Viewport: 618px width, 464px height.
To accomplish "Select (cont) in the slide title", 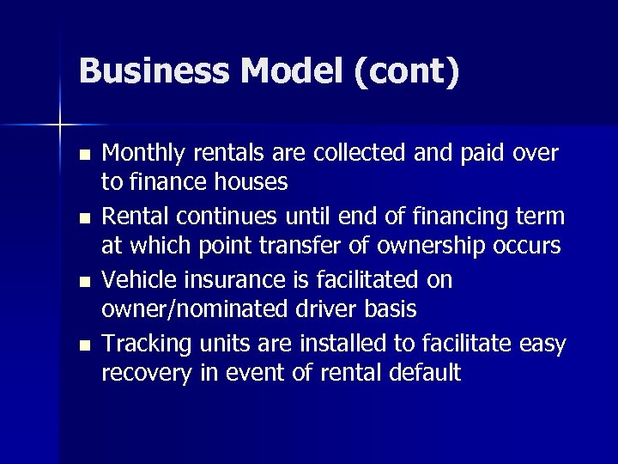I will [x=405, y=70].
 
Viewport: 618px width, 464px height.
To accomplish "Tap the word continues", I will [x=211, y=217].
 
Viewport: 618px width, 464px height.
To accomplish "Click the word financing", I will [x=445, y=217].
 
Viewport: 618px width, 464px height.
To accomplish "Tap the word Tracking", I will [x=147, y=344].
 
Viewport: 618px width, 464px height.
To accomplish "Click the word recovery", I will [x=142, y=373].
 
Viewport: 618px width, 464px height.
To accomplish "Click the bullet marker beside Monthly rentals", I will [x=82, y=156].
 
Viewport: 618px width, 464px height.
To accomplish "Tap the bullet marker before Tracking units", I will [x=82, y=346].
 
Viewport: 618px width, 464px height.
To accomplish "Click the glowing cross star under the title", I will [x=60, y=125].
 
